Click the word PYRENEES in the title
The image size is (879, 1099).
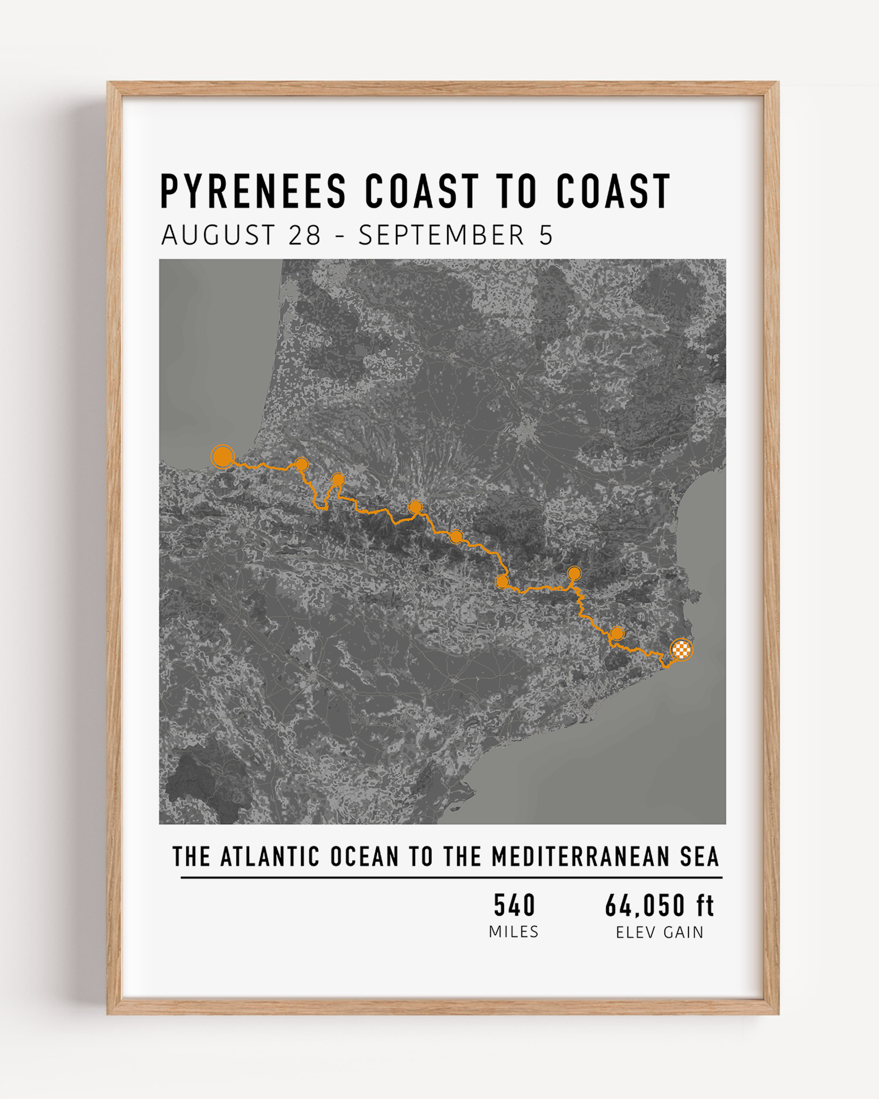(253, 191)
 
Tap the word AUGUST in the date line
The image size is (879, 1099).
(218, 236)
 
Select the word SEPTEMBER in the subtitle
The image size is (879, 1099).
(442, 236)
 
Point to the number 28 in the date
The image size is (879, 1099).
(304, 236)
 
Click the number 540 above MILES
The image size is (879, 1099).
(514, 906)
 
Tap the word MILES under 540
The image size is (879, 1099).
(514, 932)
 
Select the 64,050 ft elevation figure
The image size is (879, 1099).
(659, 906)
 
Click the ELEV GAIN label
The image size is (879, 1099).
(659, 933)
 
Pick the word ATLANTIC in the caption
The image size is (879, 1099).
(270, 857)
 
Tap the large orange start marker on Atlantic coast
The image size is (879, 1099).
(222, 457)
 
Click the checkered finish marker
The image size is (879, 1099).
(682, 650)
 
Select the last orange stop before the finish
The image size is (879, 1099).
(617, 634)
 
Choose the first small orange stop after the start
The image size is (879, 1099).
(301, 465)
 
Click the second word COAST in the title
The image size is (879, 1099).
(613, 191)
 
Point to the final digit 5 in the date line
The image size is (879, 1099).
(546, 236)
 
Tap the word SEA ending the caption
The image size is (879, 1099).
(699, 857)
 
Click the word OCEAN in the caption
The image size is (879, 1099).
(364, 857)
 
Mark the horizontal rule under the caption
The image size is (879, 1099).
(451, 878)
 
